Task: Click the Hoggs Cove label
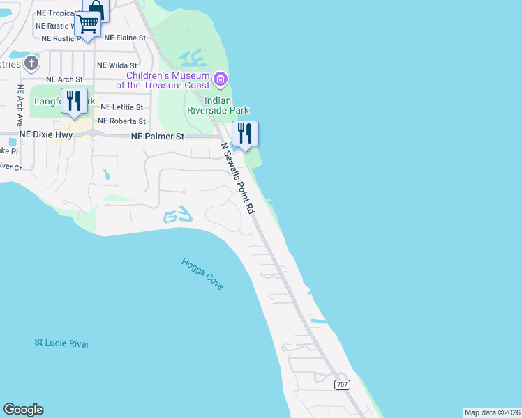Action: (202, 274)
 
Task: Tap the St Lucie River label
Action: (62, 343)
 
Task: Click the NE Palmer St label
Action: (157, 137)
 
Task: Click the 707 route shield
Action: (341, 385)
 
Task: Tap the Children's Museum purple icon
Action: (221, 79)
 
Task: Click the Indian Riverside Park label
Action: (218, 105)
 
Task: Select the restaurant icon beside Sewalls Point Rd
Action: (245, 133)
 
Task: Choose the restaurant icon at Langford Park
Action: (74, 100)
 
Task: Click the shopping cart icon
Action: (88, 24)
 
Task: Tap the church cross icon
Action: (31, 64)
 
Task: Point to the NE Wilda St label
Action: (117, 65)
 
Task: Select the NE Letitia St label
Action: (121, 107)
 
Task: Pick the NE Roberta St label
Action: (123, 121)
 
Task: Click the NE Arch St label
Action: (64, 79)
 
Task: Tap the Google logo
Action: (23, 410)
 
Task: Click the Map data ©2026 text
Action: (492, 412)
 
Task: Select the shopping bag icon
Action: (96, 9)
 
